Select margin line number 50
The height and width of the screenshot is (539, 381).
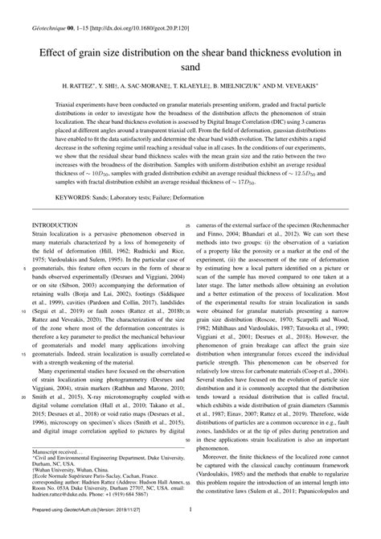188,439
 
